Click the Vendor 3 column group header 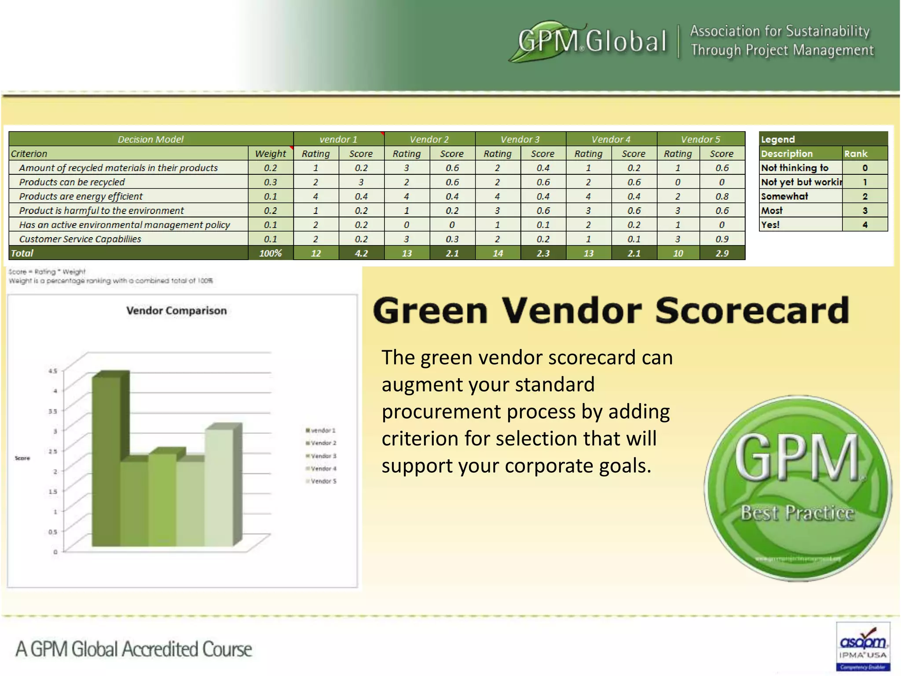click(x=520, y=139)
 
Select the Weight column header click(x=270, y=154)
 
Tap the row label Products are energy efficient click(x=81, y=196)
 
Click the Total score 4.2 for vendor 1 click(x=361, y=253)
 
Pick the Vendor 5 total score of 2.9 click(x=722, y=253)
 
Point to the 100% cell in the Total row click(x=270, y=253)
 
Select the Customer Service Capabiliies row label click(x=80, y=239)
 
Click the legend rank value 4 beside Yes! click(x=864, y=225)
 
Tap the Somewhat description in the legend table click(x=784, y=196)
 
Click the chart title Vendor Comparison click(x=176, y=310)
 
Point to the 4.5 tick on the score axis click(x=53, y=371)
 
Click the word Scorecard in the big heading click(x=752, y=311)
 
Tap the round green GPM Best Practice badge click(x=797, y=489)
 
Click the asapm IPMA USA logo click(x=862, y=646)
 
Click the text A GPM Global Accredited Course click(x=134, y=649)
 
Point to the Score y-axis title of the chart click(x=22, y=458)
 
